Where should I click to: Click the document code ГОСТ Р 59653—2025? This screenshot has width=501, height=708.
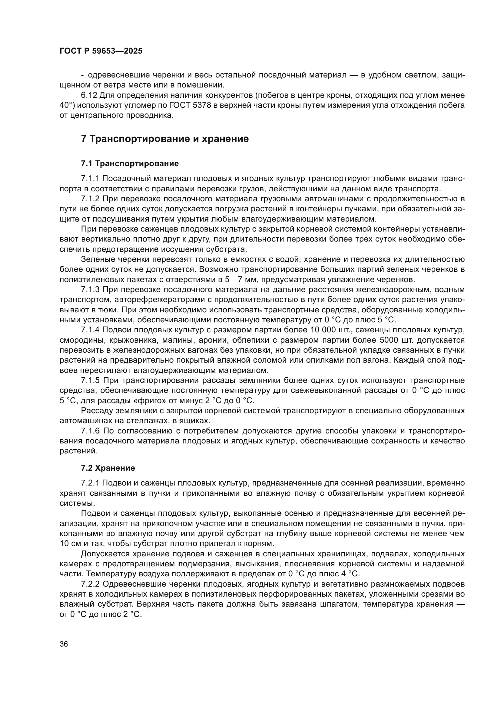pos(101,51)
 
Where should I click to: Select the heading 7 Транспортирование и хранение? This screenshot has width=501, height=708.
pos(165,139)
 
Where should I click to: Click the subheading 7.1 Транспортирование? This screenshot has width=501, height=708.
pos(130,163)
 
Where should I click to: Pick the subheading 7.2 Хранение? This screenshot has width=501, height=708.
pos(108,468)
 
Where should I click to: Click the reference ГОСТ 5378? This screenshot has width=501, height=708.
pos(190,105)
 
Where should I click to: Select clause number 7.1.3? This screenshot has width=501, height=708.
pos(90,290)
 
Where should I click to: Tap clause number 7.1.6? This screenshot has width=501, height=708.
pos(90,431)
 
